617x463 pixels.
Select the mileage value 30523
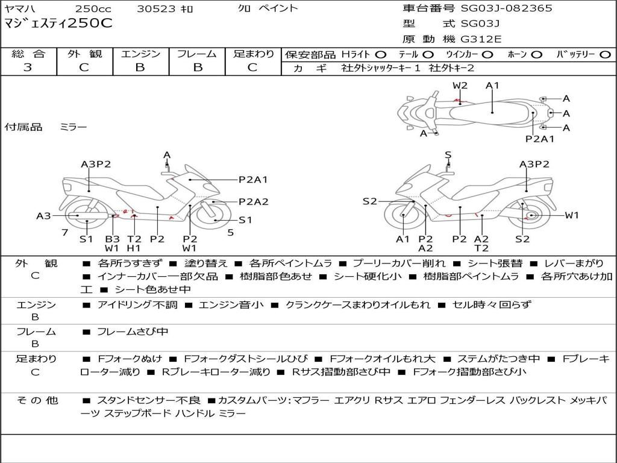pyautogui.click(x=155, y=8)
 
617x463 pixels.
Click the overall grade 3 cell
pyautogui.click(x=28, y=68)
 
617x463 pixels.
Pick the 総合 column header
pyautogui.click(x=28, y=54)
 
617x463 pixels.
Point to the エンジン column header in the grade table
pyautogui.click(x=140, y=54)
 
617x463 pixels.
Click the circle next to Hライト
pyautogui.click(x=381, y=55)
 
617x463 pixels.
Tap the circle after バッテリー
pyautogui.click(x=604, y=55)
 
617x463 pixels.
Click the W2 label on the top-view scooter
pyautogui.click(x=460, y=86)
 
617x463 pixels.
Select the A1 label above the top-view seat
pyautogui.click(x=492, y=86)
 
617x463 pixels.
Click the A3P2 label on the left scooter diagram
pyautogui.click(x=96, y=164)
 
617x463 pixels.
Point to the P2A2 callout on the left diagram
pyautogui.click(x=253, y=202)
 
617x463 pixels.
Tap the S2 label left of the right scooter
pyautogui.click(x=369, y=201)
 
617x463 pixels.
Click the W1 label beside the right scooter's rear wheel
pyautogui.click(x=571, y=215)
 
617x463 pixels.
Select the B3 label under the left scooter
pyautogui.click(x=112, y=239)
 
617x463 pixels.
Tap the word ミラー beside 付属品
pyautogui.click(x=73, y=127)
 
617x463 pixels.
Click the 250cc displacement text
pyautogui.click(x=92, y=8)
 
